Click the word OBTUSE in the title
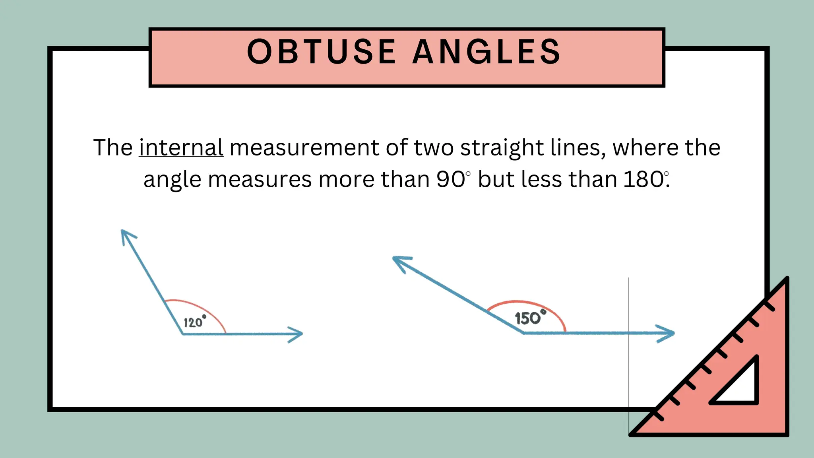[321, 52]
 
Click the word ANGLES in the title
[486, 52]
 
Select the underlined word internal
[181, 148]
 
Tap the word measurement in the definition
[304, 148]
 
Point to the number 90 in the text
[450, 179]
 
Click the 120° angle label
[194, 321]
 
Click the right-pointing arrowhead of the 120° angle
[296, 334]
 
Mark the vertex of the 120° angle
[183, 334]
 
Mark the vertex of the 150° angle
[523, 333]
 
